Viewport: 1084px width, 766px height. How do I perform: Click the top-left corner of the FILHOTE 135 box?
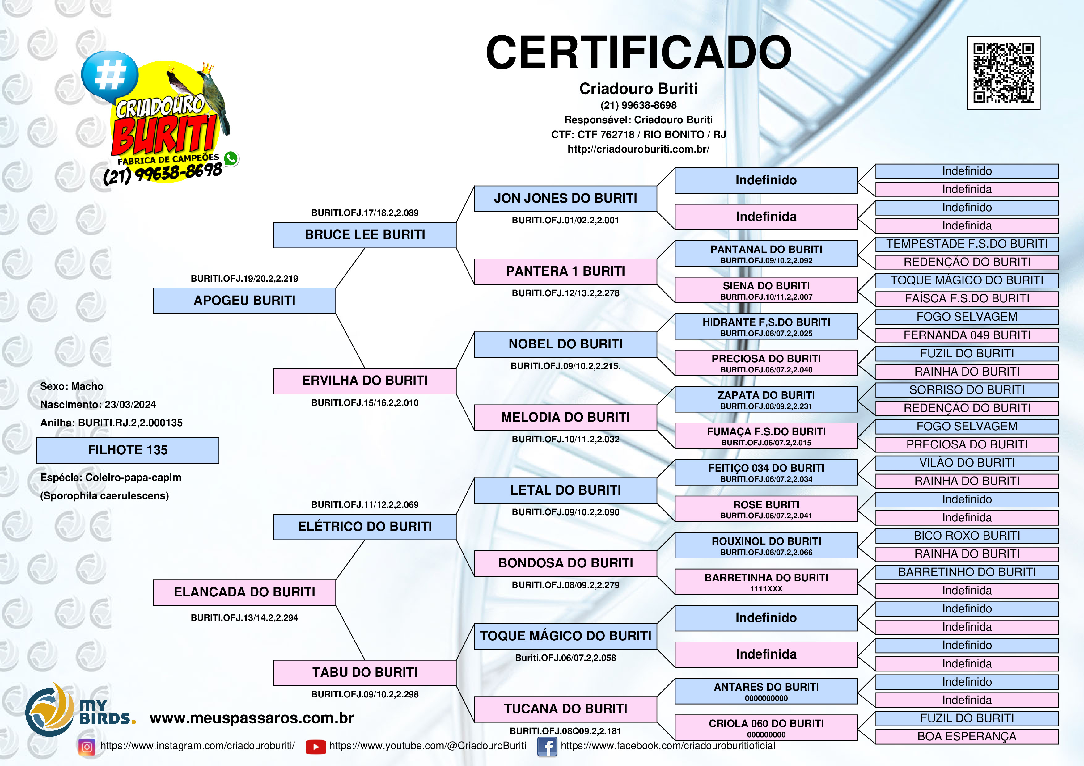[x=37, y=438]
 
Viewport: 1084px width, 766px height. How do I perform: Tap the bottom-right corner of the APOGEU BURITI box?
[x=336, y=314]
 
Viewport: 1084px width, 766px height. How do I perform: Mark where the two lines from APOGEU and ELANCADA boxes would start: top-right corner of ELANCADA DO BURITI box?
[x=336, y=580]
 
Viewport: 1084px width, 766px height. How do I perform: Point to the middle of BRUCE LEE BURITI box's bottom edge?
[x=365, y=248]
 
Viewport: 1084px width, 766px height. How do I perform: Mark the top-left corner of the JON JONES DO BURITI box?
[x=475, y=186]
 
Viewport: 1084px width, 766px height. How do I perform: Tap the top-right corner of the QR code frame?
[x=1040, y=36]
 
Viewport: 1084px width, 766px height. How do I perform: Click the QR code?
[x=1004, y=73]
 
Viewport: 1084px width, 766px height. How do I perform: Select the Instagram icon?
[x=87, y=747]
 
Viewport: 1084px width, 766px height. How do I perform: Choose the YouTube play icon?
[x=316, y=747]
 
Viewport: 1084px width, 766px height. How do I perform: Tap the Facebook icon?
[x=547, y=747]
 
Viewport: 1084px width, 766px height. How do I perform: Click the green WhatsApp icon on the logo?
[x=231, y=158]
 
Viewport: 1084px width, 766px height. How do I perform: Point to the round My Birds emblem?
[x=49, y=709]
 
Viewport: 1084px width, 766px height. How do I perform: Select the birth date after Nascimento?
[x=130, y=405]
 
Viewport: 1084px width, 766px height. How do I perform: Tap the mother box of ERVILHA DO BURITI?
[x=565, y=417]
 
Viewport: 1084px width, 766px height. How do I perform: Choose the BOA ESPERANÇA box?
[x=967, y=736]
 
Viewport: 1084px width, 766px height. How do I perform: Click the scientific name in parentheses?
[x=104, y=495]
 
